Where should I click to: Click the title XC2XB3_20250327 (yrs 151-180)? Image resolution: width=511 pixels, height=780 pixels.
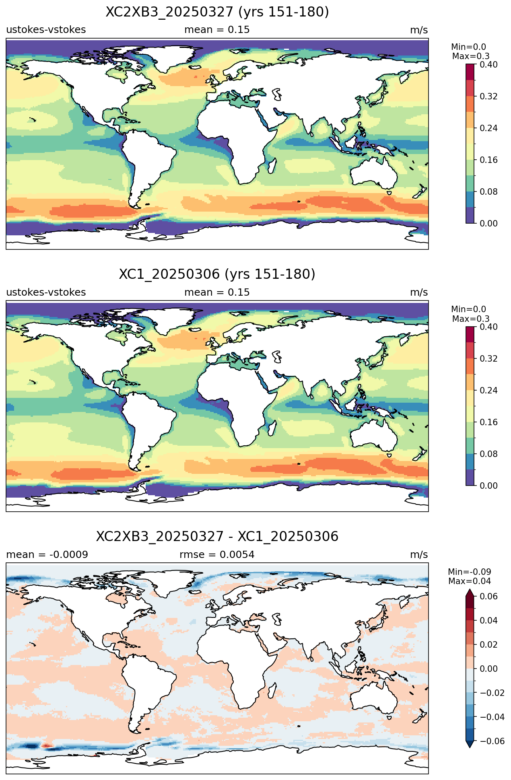tap(217, 12)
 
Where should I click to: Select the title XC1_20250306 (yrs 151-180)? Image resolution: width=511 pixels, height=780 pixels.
tap(217, 274)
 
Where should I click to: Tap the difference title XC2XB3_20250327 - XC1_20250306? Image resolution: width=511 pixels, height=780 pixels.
tap(217, 537)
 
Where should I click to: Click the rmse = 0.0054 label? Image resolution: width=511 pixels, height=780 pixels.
tap(217, 555)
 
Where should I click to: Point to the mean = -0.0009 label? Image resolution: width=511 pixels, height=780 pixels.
tap(47, 555)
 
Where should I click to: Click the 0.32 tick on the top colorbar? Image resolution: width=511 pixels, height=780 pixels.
tap(488, 96)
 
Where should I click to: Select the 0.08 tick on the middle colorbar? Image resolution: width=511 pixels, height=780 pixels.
tap(488, 454)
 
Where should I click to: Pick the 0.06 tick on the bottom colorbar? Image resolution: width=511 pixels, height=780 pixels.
tap(488, 596)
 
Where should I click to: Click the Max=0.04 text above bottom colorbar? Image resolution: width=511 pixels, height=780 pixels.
tap(470, 581)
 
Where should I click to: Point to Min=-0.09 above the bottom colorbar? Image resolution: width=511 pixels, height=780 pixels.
tap(470, 572)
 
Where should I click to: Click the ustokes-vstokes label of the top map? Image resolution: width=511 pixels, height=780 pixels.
tap(46, 30)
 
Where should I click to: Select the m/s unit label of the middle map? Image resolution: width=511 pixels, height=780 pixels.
tap(419, 292)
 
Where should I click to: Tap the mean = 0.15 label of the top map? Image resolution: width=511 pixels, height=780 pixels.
tap(217, 30)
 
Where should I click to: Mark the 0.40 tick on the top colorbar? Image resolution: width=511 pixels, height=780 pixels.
tap(488, 64)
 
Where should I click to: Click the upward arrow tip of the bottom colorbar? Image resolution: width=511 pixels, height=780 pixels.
tap(470, 589)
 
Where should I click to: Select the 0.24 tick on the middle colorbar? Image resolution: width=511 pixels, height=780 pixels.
tap(488, 390)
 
